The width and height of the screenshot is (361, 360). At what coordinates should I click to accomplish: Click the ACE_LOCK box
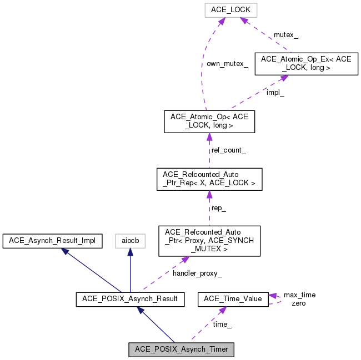[231, 10]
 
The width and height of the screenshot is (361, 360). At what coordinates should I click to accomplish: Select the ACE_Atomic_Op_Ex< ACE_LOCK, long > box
[307, 64]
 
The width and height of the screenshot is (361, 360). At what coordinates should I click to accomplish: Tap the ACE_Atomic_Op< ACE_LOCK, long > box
[209, 121]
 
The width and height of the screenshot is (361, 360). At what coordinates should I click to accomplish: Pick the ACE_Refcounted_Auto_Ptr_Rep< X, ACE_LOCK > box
[209, 179]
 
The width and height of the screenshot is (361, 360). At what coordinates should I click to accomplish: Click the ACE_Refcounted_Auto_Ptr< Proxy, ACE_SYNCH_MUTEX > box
[209, 241]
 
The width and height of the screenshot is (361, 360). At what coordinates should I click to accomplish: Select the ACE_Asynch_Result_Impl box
[52, 241]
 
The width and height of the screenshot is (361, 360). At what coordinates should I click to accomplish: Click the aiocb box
[131, 241]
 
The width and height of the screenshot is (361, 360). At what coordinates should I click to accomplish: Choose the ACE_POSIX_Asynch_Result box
[130, 300]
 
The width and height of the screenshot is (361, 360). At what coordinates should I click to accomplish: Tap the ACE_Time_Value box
[233, 300]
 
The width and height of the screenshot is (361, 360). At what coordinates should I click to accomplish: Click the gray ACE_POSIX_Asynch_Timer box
[181, 349]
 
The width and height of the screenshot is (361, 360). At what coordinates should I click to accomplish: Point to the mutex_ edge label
[286, 35]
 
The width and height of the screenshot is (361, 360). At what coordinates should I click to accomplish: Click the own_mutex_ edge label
[227, 64]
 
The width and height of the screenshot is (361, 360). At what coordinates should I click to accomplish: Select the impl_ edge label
[275, 93]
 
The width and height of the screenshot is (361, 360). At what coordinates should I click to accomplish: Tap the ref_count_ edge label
[229, 150]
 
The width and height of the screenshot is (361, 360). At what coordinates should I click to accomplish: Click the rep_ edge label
[219, 208]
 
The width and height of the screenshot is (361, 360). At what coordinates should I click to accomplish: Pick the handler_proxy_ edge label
[197, 273]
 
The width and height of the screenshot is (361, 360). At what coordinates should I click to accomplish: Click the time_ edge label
[222, 324]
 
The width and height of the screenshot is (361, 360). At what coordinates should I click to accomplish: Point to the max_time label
[299, 295]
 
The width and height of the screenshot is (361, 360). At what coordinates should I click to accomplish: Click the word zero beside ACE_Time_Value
[299, 303]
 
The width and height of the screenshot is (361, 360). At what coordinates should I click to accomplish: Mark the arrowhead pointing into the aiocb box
[131, 252]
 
